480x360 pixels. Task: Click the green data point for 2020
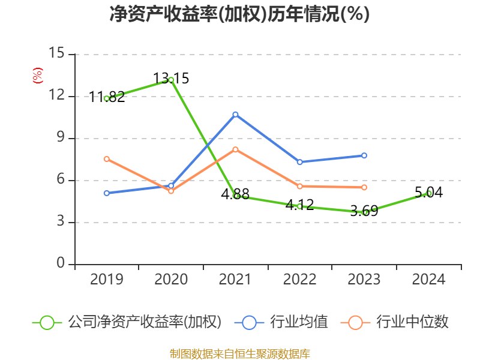pos(171,80)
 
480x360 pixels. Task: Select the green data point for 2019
pos(107,98)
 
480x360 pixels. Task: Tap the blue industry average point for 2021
pos(235,114)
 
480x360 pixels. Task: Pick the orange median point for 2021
pos(235,149)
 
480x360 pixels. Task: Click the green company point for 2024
pos(428,193)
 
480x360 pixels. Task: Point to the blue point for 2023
pos(364,155)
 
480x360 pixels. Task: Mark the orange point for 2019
pos(107,159)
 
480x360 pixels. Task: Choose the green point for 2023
pos(364,212)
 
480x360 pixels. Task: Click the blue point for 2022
pos(299,162)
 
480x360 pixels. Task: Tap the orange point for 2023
pos(364,188)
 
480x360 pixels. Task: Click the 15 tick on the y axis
pos(56,53)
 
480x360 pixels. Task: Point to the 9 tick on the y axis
pos(60,138)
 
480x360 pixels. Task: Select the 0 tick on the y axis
pos(60,264)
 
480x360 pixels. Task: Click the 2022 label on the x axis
pos(299,280)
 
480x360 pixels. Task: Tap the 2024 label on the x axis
pos(428,280)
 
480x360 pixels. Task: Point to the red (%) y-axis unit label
pos(37,76)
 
